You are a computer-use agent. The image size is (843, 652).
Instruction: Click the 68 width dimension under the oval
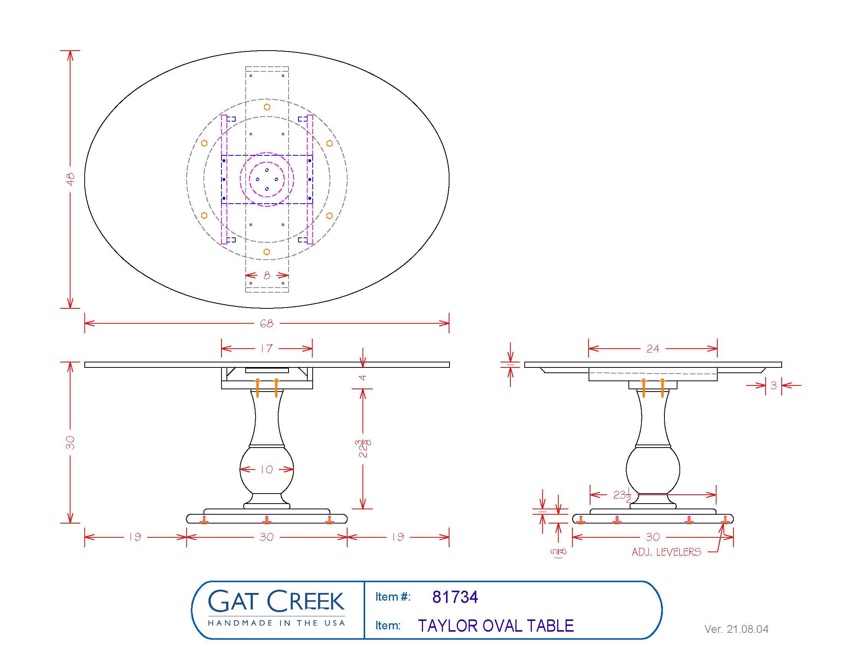(267, 323)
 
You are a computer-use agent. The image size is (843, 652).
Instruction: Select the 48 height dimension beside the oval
(71, 179)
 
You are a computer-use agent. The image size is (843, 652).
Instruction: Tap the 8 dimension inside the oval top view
(267, 275)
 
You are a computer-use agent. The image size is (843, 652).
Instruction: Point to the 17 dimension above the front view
(267, 348)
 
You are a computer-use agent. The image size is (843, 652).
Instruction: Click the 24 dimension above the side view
(653, 349)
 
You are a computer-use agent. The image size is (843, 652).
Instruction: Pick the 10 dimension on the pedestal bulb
(267, 469)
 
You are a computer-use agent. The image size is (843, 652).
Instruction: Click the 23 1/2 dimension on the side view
(622, 496)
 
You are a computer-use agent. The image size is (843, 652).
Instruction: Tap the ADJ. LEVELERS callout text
(666, 552)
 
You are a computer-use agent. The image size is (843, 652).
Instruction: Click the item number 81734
(455, 597)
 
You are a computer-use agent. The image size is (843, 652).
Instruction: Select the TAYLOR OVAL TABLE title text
(495, 626)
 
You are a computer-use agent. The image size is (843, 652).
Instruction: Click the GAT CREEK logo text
(276, 601)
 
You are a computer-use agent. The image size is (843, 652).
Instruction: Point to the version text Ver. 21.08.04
(736, 629)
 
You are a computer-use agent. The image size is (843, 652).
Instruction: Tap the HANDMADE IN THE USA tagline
(276, 623)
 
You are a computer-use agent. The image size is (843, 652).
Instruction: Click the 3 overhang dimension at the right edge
(774, 385)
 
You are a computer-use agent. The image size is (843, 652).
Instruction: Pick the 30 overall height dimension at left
(71, 442)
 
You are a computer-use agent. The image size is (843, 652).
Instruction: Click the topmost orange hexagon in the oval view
(267, 107)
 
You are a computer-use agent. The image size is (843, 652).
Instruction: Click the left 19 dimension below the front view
(135, 537)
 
